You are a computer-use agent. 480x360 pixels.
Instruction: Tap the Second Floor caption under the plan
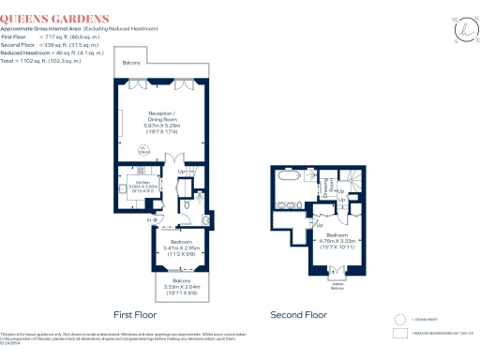click(x=298, y=315)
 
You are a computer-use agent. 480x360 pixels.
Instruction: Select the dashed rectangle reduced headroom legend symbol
click(x=401, y=333)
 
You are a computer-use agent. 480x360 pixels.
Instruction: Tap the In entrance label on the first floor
click(x=149, y=220)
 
